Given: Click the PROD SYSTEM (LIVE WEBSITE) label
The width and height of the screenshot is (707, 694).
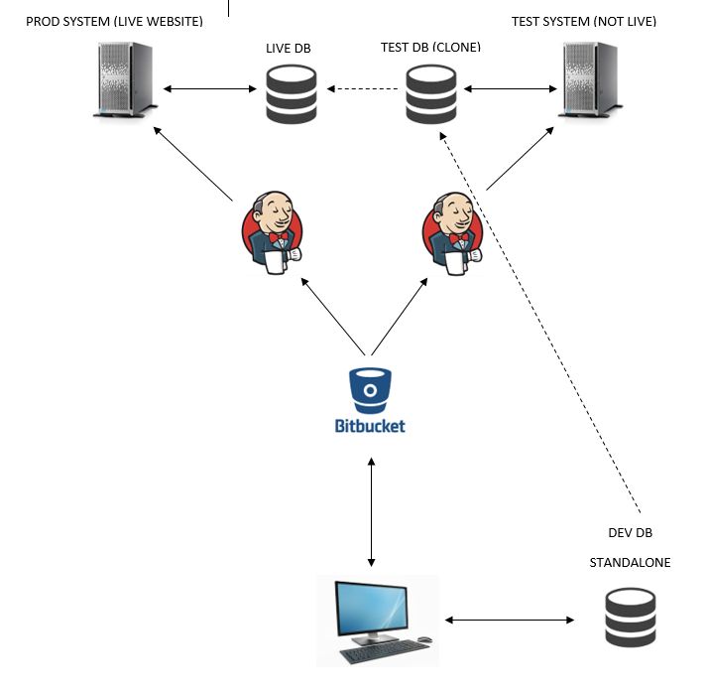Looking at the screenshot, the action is pyautogui.click(x=114, y=21).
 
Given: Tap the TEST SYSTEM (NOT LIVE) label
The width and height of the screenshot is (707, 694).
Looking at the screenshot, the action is pyautogui.click(x=584, y=21).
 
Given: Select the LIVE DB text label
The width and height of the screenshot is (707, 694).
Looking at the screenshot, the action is pyautogui.click(x=289, y=49).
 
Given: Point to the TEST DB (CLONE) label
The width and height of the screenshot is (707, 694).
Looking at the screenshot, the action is pyautogui.click(x=430, y=47).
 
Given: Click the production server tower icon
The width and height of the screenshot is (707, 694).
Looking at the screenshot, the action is pyautogui.click(x=126, y=79).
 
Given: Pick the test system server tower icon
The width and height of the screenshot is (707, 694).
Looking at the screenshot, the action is pyautogui.click(x=591, y=79).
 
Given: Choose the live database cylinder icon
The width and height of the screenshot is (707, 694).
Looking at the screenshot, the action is pyautogui.click(x=292, y=94).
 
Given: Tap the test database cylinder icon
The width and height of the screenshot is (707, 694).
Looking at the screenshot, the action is pyautogui.click(x=431, y=94).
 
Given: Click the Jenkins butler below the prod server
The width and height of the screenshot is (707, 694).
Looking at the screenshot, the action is pyautogui.click(x=273, y=232).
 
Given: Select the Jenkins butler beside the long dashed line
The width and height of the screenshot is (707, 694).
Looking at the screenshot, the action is pyautogui.click(x=453, y=233).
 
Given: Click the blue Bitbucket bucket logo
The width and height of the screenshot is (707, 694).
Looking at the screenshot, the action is pyautogui.click(x=370, y=390).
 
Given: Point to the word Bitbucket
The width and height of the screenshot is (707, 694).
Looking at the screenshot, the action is pyautogui.click(x=370, y=426).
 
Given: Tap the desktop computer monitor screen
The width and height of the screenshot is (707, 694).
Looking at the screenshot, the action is pyautogui.click(x=372, y=608).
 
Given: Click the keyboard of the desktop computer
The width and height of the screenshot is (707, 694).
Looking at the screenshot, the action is pyautogui.click(x=385, y=651).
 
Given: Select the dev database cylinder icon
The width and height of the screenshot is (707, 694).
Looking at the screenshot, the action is pyautogui.click(x=630, y=618).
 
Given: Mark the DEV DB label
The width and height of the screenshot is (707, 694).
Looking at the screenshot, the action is pyautogui.click(x=630, y=533).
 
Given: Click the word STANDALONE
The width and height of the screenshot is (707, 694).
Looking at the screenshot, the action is pyautogui.click(x=630, y=563).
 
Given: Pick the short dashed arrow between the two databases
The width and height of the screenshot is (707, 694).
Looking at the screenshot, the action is pyautogui.click(x=362, y=88).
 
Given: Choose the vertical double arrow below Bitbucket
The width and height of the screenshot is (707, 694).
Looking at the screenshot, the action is pyautogui.click(x=371, y=512).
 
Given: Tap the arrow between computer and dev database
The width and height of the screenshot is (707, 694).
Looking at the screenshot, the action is pyautogui.click(x=509, y=620).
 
